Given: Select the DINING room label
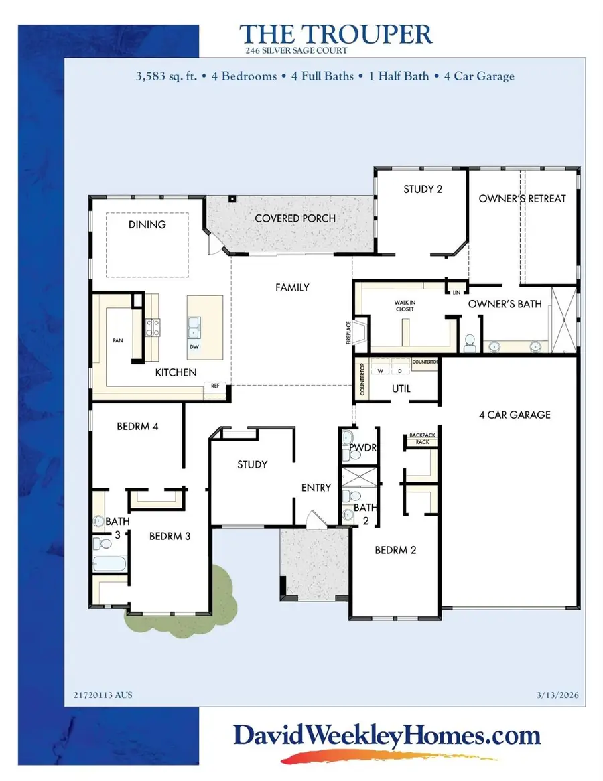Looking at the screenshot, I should pos(147,224).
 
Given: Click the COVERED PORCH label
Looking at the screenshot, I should pos(295,218).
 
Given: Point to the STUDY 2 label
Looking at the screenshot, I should pos(422,189).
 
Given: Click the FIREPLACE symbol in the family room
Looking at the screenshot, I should pos(359,332).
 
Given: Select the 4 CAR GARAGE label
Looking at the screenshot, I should pos(515,415).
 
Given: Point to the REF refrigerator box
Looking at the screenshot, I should pos(216,386).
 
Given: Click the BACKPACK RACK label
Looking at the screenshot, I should pos(418,439).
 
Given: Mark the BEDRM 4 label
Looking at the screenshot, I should pos(137,426).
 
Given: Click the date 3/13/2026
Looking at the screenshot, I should pos(559,695).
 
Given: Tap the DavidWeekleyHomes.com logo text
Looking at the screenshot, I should pos(387,737).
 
